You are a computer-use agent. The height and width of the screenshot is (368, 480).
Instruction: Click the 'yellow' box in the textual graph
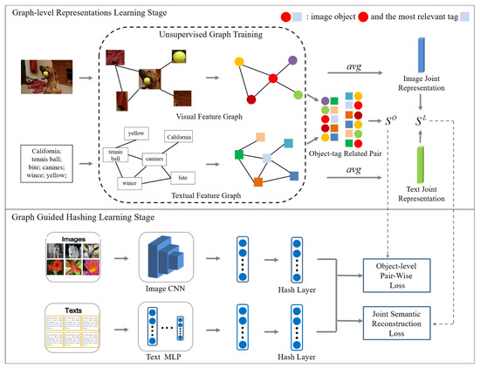pos(133,134)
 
